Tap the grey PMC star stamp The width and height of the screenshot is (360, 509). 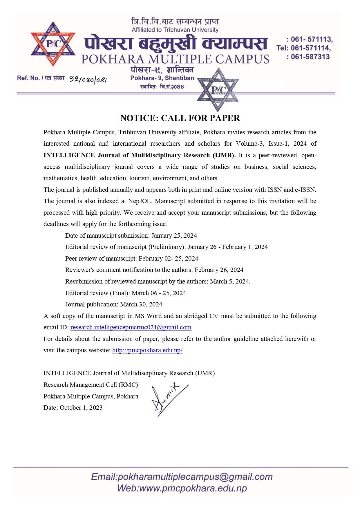pos(218,90)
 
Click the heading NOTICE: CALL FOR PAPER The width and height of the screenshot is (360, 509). pos(180,118)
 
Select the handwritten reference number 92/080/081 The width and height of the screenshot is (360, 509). pos(88,79)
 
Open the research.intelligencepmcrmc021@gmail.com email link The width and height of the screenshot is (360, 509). pos(131,327)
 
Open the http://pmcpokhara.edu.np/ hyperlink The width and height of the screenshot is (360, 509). pos(147,350)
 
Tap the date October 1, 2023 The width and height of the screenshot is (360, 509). pos(81,408)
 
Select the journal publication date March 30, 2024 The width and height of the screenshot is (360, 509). pos(141,304)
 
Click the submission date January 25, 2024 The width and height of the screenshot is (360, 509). pos(174,236)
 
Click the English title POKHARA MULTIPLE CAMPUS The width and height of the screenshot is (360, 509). pos(175,59)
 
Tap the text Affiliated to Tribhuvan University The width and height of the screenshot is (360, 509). pos(175,30)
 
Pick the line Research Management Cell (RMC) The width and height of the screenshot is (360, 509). pos(91,385)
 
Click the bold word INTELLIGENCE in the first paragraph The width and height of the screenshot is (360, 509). pos(69,155)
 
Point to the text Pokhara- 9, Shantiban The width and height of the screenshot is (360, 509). pos(162,78)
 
